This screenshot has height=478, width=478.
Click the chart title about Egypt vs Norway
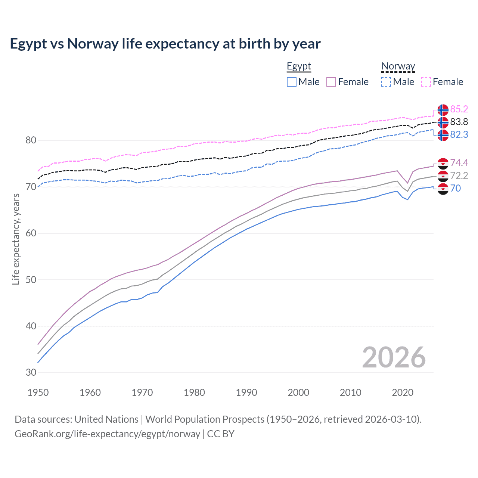[165, 44]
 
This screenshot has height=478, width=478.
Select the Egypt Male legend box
[292, 82]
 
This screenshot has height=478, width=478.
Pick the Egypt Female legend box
[331, 82]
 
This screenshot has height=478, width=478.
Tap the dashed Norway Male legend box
[386, 82]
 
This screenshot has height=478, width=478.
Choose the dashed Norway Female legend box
[426, 82]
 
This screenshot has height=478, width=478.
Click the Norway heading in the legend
[398, 66]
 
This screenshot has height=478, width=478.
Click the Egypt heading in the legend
[299, 66]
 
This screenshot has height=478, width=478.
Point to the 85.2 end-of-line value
[459, 109]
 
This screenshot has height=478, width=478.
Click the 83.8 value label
[459, 122]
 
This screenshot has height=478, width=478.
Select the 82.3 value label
[459, 135]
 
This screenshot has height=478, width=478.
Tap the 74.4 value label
[459, 163]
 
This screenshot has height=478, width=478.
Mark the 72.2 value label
[459, 176]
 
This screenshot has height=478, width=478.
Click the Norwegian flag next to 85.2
[443, 110]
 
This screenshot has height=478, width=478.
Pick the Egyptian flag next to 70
[443, 189]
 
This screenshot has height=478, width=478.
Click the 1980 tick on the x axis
[194, 392]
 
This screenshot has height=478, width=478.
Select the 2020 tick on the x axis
[403, 392]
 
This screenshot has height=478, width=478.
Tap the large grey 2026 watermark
[394, 357]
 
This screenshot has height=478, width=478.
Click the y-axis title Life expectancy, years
[16, 239]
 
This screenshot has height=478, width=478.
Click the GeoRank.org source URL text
[108, 434]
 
